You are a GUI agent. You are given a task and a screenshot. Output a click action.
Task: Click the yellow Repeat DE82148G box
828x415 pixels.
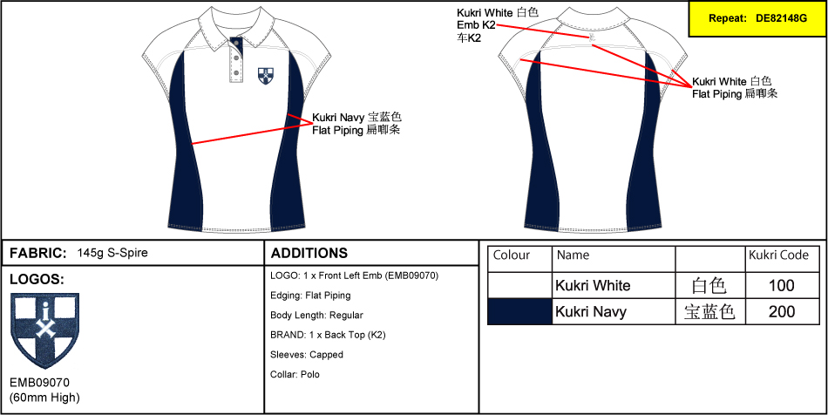click(757, 18)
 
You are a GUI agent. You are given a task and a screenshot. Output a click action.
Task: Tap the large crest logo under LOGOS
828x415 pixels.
click(44, 332)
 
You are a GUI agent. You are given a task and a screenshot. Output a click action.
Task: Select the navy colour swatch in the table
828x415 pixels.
click(519, 311)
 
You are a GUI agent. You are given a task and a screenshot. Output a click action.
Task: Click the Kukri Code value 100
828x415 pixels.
click(782, 285)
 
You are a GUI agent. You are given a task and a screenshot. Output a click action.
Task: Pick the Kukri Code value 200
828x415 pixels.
click(782, 311)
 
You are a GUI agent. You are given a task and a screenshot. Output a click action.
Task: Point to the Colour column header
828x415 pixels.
click(512, 255)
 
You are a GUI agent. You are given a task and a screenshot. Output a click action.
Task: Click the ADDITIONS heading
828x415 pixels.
click(309, 254)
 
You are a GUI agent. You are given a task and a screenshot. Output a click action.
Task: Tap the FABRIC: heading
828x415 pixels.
click(37, 254)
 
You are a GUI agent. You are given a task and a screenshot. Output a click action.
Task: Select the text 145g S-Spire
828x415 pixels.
click(112, 254)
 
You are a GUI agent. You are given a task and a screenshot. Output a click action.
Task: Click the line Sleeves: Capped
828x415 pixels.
click(307, 355)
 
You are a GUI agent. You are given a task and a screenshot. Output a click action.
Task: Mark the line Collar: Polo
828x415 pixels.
click(295, 374)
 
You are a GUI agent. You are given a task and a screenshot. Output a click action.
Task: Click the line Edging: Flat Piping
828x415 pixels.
click(310, 296)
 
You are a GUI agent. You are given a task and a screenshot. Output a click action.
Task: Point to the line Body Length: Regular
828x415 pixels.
click(316, 315)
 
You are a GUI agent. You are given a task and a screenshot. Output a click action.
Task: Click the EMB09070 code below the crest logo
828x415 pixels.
click(39, 383)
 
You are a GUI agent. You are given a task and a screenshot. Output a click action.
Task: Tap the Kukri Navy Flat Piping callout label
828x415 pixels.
click(356, 123)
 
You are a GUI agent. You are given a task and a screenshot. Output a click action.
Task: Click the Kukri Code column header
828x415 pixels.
click(779, 255)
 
